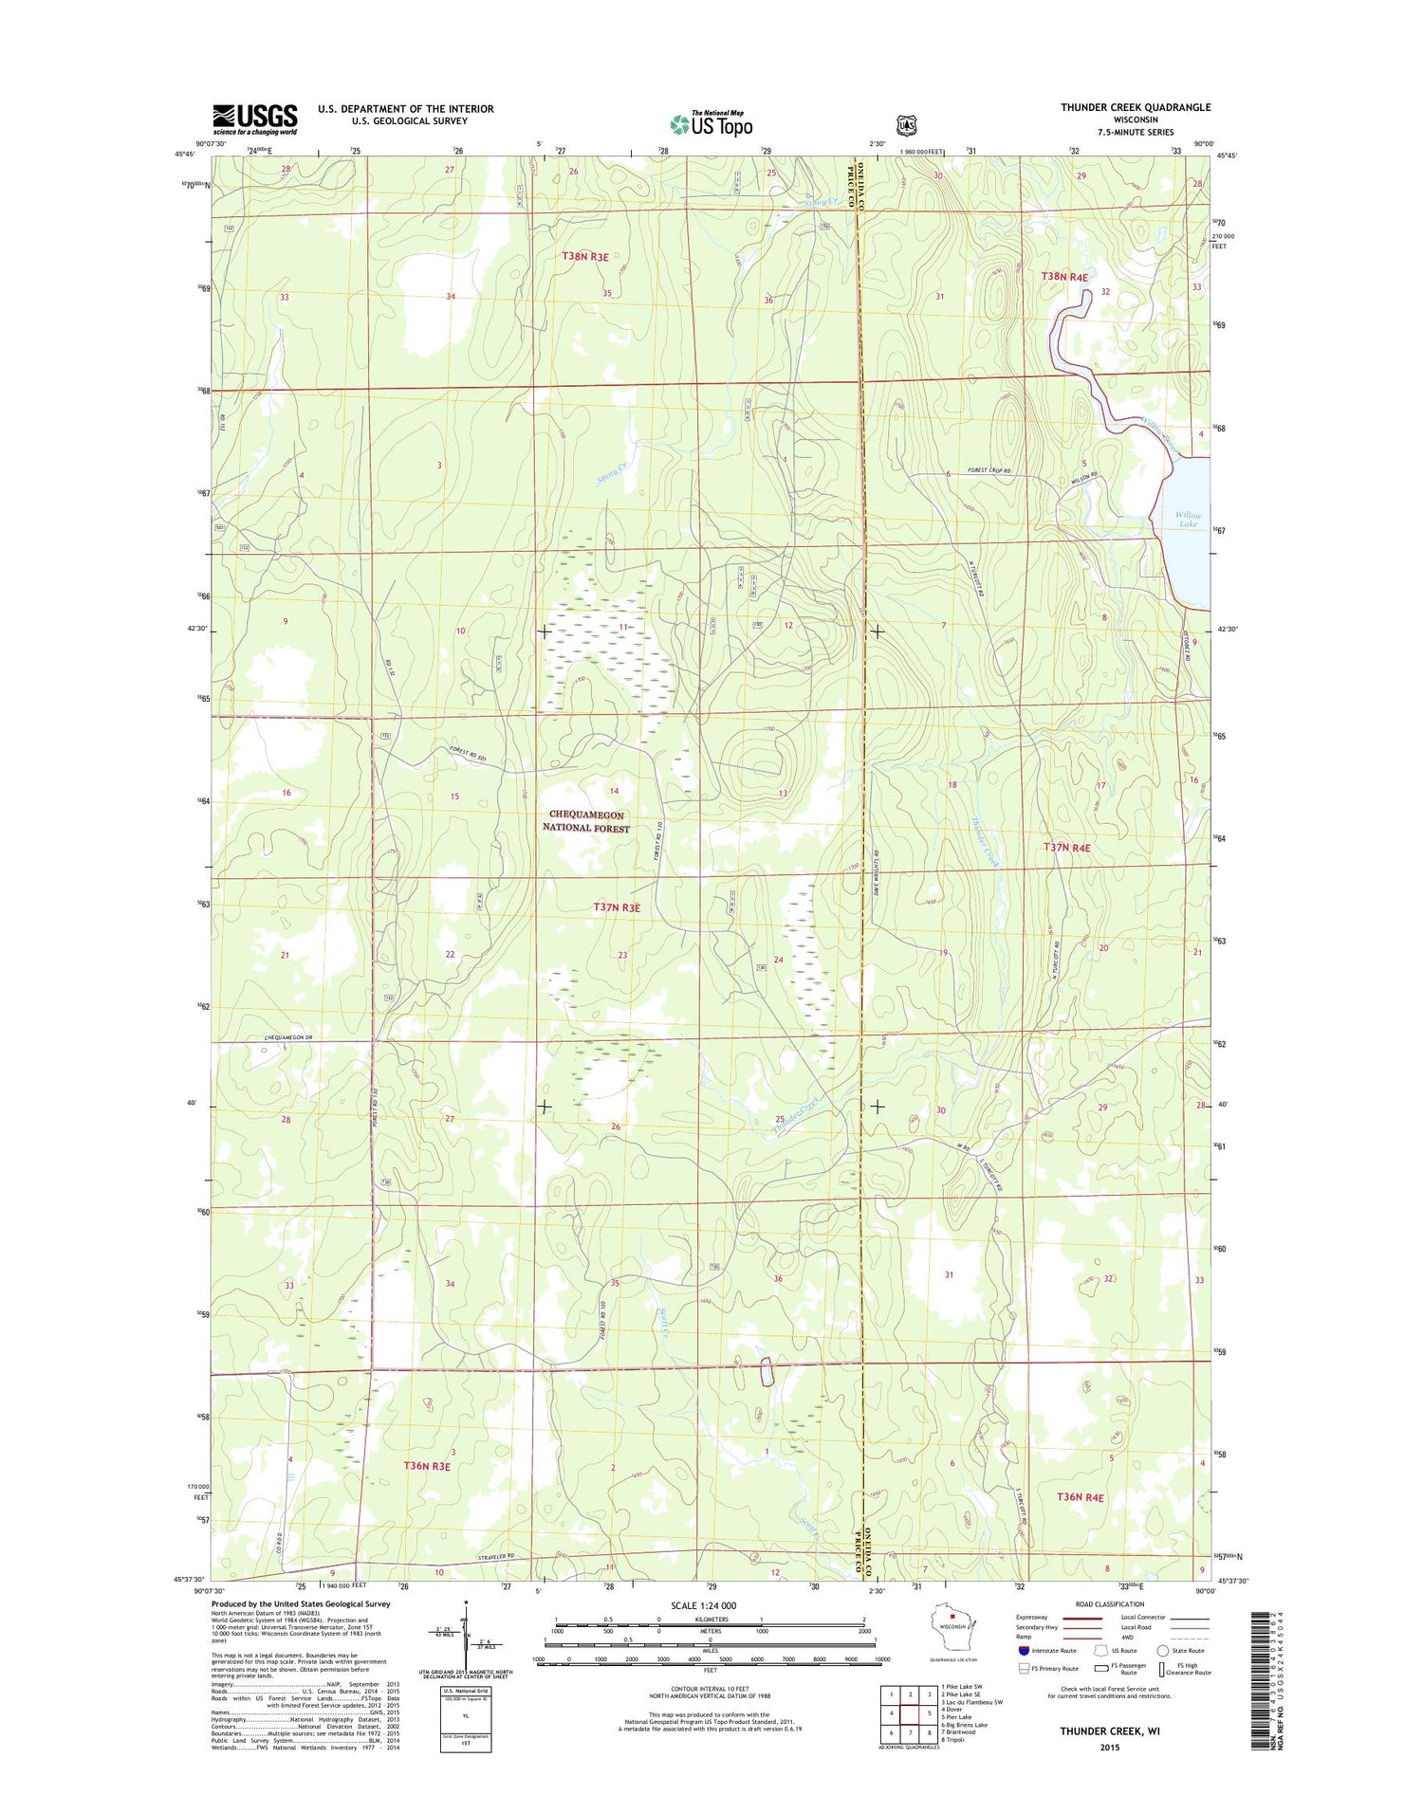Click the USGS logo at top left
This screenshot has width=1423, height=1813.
point(254,119)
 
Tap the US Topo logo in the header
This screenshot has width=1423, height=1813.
point(711,123)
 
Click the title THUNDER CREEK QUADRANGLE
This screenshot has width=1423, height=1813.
point(1135,108)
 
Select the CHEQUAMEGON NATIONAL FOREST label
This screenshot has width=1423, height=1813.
point(585,821)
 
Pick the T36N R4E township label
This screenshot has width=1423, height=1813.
point(1080,1496)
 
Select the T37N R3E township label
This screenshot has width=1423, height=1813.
point(617,907)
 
